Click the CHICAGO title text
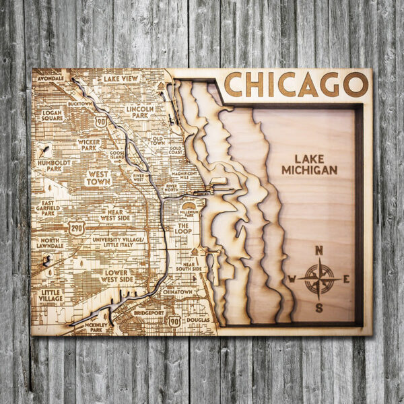point(296,85)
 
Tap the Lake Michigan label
point(309,165)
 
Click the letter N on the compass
point(319,250)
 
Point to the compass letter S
point(319,308)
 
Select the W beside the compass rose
point(292,279)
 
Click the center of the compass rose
point(319,279)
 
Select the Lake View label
point(121,79)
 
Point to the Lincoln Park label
point(140,112)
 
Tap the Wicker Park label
point(89,144)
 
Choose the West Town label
point(98,177)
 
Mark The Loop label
point(183,230)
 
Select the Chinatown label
point(177,292)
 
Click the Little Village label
point(52,296)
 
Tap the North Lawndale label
point(51,243)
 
